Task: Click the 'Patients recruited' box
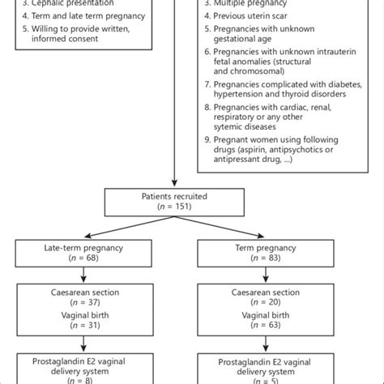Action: coord(174,200)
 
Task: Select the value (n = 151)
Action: coord(174,207)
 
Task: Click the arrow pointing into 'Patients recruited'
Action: coord(174,181)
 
